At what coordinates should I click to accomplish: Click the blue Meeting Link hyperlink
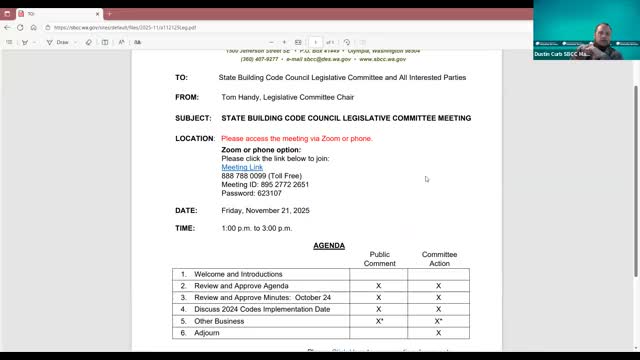(241, 167)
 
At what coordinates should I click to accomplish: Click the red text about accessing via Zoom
(296, 139)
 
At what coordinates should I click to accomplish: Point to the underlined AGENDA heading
(329, 246)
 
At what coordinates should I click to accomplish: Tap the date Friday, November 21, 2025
(268, 211)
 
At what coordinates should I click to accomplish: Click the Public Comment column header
(379, 259)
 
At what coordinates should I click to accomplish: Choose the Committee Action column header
(438, 259)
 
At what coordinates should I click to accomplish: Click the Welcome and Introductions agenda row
(238, 274)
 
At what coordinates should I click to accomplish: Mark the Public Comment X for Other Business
(379, 321)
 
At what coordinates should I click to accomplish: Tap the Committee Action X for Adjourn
(438, 333)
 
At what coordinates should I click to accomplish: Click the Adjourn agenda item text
(210, 333)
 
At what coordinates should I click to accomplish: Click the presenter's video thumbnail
(586, 30)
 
